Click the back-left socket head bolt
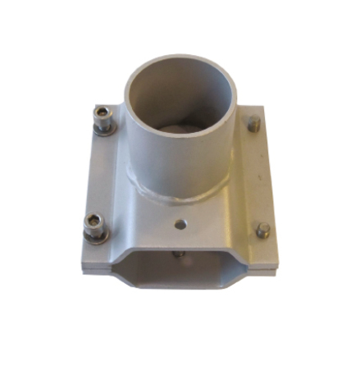(x=103, y=120)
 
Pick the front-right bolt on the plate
(x=262, y=231)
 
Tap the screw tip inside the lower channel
(x=180, y=254)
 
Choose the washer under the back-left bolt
(x=104, y=130)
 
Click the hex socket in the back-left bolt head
(x=103, y=114)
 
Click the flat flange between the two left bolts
(x=103, y=176)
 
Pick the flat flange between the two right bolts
(x=258, y=176)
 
